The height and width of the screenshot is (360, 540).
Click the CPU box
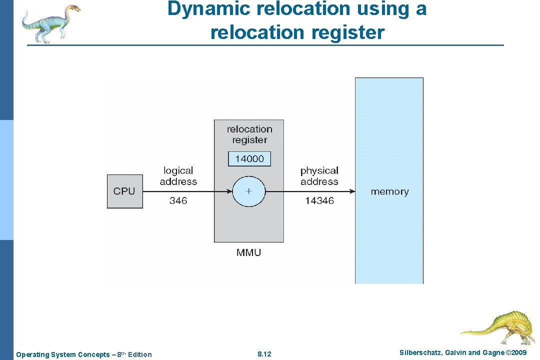pos(125,191)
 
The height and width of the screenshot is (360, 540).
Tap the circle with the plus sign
pos(248,191)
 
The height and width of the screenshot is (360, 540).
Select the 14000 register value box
pos(249,159)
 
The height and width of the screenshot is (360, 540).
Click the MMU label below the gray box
pos(248,252)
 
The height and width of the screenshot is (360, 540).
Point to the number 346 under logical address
pos(178,200)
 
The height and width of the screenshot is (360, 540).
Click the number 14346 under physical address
pos(319,200)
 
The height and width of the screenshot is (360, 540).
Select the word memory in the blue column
pos(389,191)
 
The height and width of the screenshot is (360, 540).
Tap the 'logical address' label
pos(178,176)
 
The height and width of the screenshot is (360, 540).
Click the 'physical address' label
pos(319,176)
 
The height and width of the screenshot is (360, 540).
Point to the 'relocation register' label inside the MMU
pos(249,134)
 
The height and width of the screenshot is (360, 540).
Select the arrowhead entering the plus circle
pos(229,191)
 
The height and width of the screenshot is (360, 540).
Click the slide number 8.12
pos(264,354)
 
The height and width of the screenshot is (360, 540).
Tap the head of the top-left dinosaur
pos(72,8)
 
